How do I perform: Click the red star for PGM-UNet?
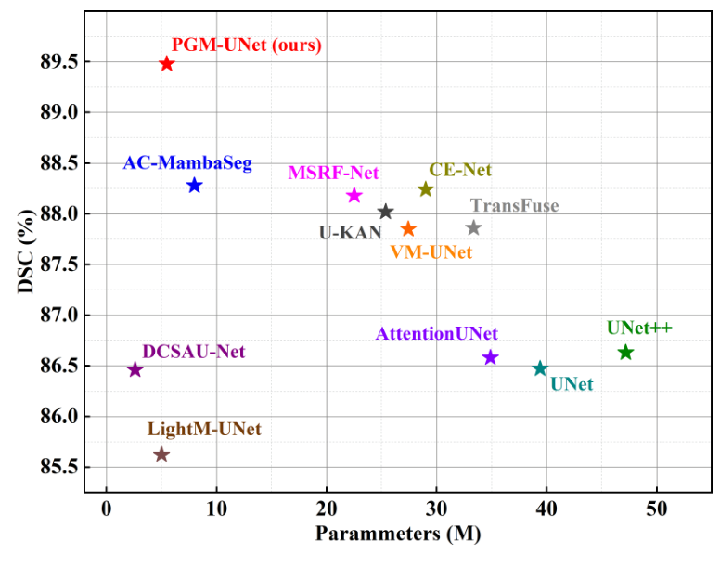click(x=167, y=64)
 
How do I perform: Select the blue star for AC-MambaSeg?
click(x=194, y=186)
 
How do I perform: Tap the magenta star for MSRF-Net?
click(x=354, y=195)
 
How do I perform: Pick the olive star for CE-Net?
click(x=426, y=189)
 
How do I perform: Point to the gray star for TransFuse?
click(x=473, y=227)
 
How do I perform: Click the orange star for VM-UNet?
click(x=408, y=229)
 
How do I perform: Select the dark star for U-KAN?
click(x=386, y=212)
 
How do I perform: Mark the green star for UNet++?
click(x=625, y=352)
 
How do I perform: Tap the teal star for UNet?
click(x=540, y=368)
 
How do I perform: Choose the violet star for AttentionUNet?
click(x=491, y=357)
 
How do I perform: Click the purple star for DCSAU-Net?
click(x=135, y=369)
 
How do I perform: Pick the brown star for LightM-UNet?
click(x=161, y=455)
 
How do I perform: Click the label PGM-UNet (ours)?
click(x=247, y=45)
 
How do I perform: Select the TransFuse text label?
click(x=514, y=206)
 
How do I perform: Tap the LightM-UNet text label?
click(x=204, y=430)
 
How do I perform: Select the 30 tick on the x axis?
click(x=436, y=508)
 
